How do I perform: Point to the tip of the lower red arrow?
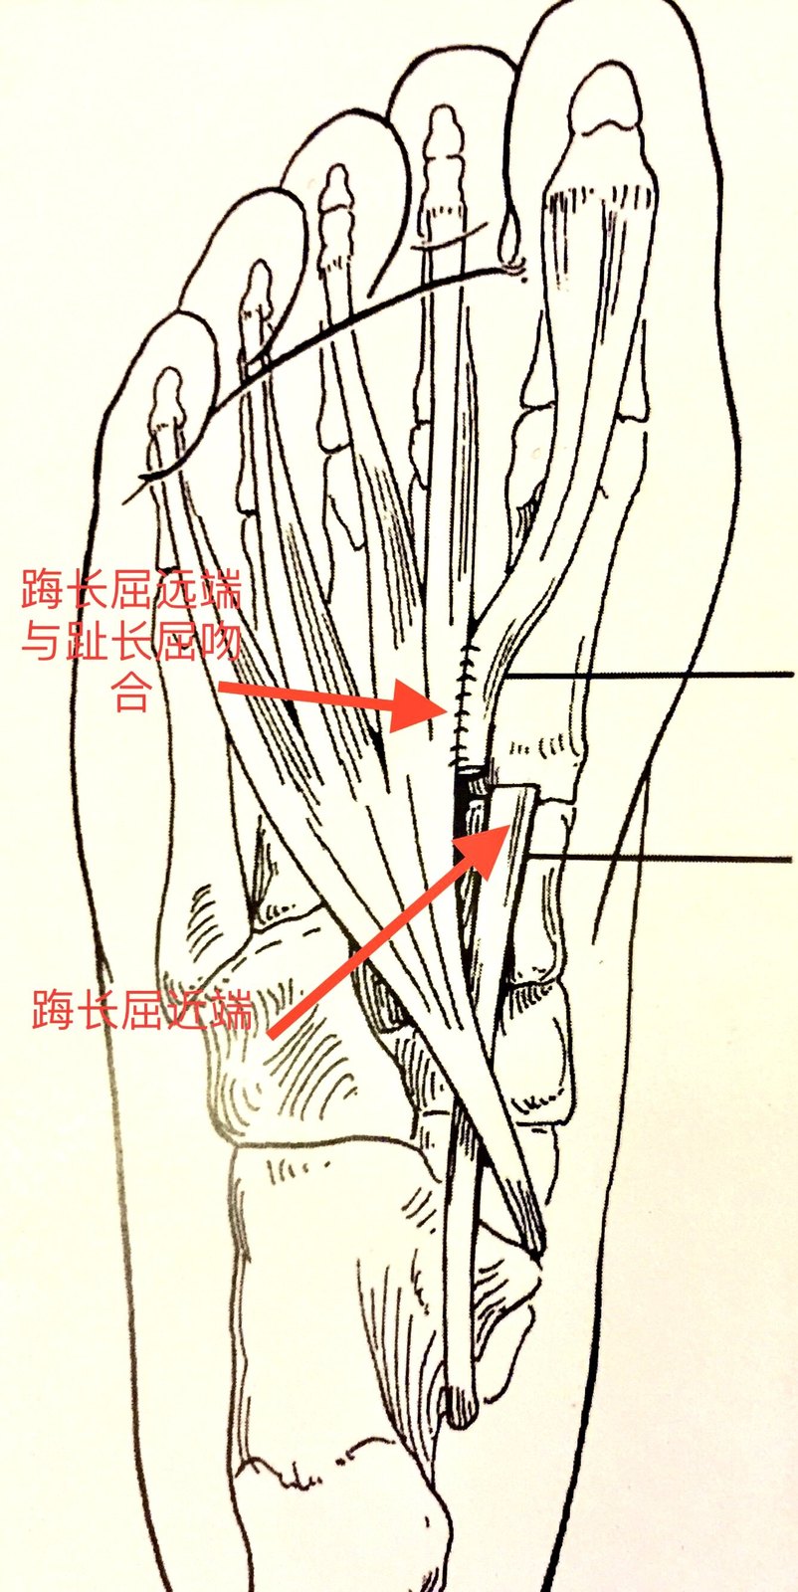tap(509, 825)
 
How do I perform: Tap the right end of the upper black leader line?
tap(792, 674)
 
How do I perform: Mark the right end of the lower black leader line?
tap(792, 860)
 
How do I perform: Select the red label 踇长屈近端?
tap(142, 1011)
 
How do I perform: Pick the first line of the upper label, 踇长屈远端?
tap(131, 588)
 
